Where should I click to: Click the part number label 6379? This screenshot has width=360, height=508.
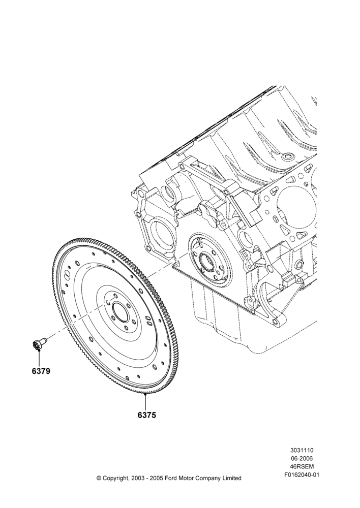click(41, 371)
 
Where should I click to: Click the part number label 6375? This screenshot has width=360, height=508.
click(147, 415)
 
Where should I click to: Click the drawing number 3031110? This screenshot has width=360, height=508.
click(302, 450)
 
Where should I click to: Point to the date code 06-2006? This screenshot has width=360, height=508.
click(302, 458)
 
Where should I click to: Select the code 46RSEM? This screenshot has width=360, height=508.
click(302, 466)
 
